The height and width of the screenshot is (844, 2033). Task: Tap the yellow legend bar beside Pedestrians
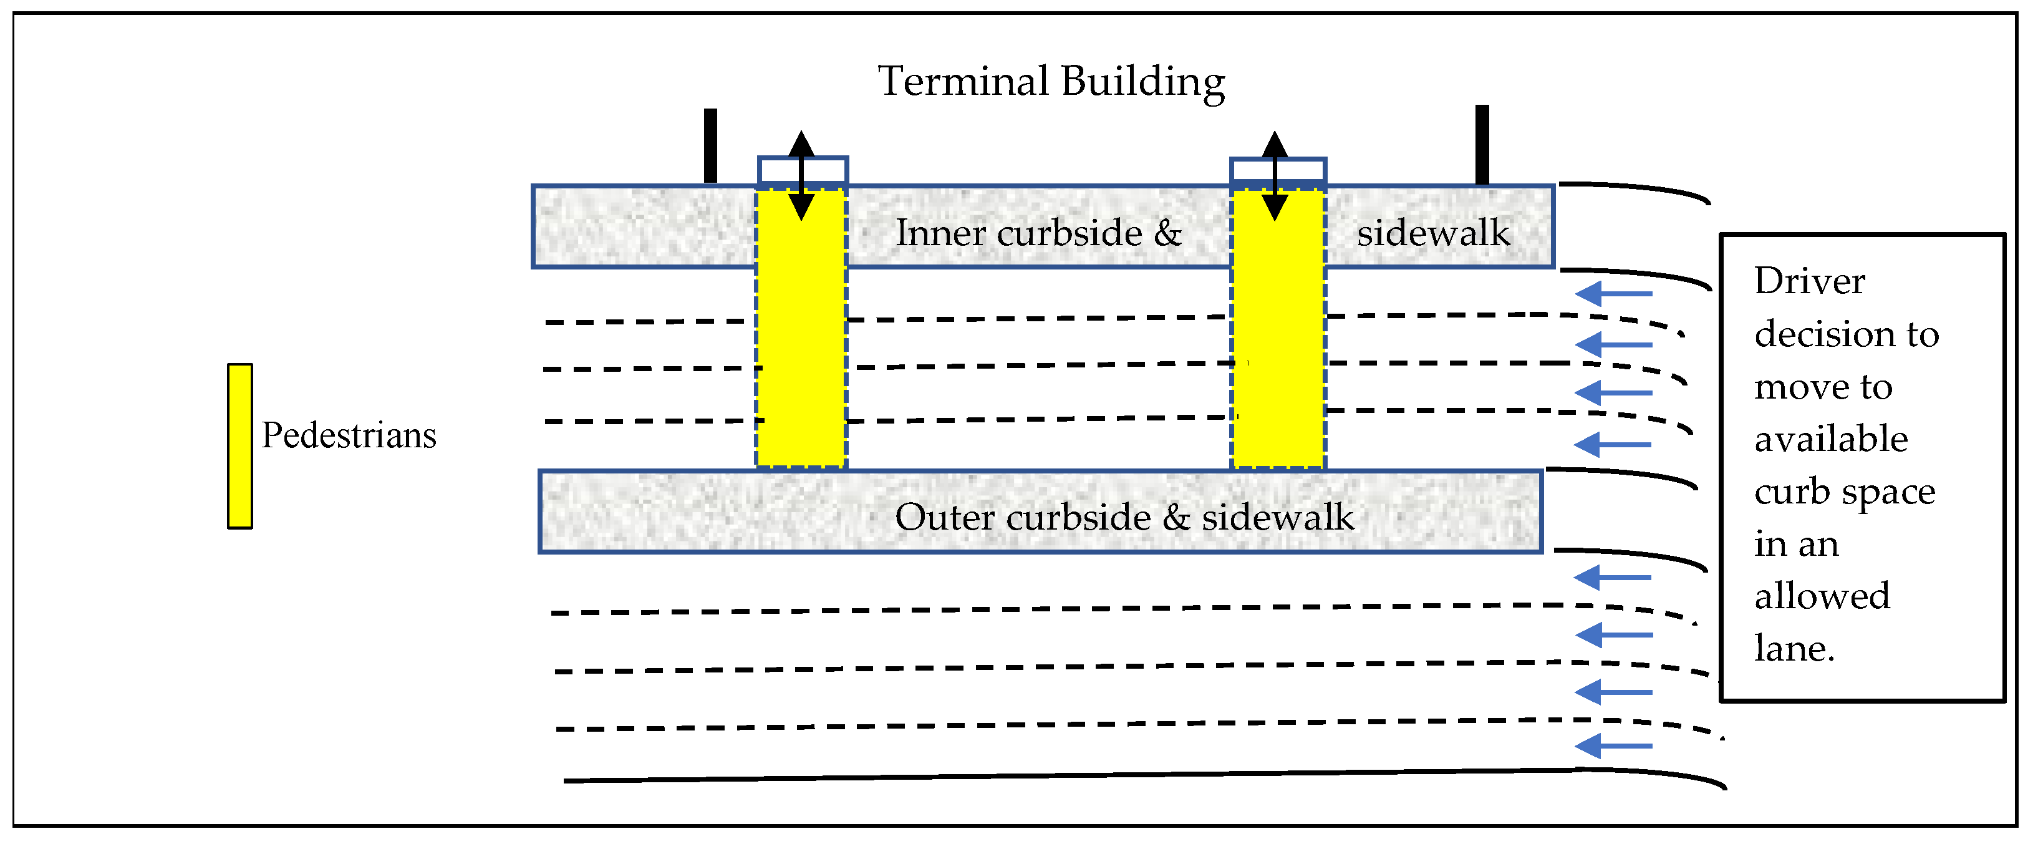tap(240, 446)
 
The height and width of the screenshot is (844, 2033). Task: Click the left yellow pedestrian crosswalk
tap(801, 332)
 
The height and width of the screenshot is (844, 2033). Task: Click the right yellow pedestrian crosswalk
tap(1278, 332)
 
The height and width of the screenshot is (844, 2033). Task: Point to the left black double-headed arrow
tap(802, 175)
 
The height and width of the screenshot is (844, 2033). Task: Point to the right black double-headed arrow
tap(1275, 175)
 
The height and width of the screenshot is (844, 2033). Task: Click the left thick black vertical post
tap(710, 146)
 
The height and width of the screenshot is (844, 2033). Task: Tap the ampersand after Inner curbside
tap(1167, 233)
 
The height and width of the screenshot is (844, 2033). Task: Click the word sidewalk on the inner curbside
tap(1433, 233)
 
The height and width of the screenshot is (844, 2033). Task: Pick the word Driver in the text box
tap(1810, 281)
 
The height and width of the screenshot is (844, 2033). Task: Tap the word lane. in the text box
tap(1794, 649)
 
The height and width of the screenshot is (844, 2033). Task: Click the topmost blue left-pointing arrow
tap(1613, 294)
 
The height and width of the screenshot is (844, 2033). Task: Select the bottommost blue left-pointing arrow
tap(1613, 746)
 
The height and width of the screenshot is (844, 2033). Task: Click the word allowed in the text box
tap(1822, 596)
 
